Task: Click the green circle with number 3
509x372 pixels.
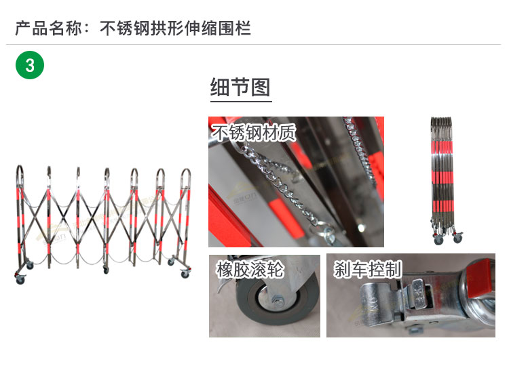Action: coord(30,65)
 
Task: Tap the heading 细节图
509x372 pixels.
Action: coord(240,87)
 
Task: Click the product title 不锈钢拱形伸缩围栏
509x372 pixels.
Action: coord(175,28)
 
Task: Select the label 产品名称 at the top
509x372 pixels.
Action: coord(48,28)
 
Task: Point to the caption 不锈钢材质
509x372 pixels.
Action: coord(254,132)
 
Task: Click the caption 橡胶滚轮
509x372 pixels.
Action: coord(250,269)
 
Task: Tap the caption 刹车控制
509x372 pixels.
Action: coord(368,269)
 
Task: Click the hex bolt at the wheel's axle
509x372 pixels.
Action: coord(278,302)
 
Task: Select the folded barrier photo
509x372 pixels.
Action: coord(445,180)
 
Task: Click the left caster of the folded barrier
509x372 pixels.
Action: coord(438,240)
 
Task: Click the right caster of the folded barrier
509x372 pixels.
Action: coord(457,238)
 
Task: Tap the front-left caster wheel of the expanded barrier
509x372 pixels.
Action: coord(20,279)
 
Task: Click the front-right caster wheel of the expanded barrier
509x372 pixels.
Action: coord(185,274)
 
